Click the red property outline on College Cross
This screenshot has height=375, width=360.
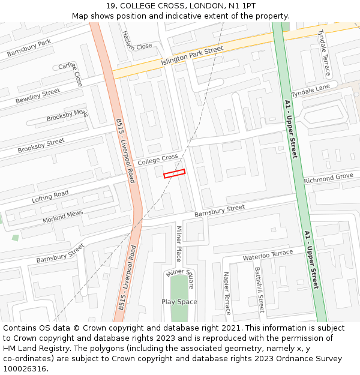click(x=174, y=173)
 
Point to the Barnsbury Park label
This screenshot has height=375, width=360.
click(x=29, y=49)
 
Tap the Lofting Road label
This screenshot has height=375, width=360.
click(x=50, y=197)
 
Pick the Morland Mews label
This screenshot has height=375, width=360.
click(x=63, y=217)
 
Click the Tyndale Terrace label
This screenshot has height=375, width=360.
click(x=324, y=53)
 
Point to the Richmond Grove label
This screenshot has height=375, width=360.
click(x=328, y=178)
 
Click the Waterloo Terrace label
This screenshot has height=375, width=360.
click(x=268, y=256)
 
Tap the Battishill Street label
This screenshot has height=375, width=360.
click(x=259, y=290)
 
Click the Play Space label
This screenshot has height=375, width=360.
click(x=179, y=302)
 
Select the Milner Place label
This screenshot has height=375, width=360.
click(x=178, y=244)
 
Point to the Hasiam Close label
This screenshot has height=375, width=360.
click(x=136, y=40)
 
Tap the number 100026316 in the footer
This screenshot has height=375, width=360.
click(x=25, y=369)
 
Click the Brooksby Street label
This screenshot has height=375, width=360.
click(x=41, y=146)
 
